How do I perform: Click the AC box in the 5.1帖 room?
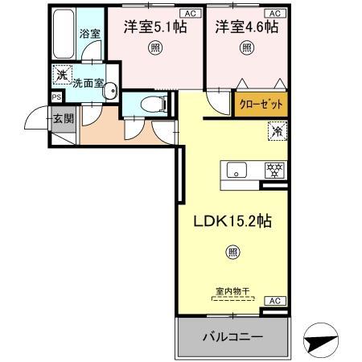coord(190,13)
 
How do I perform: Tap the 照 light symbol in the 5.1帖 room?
coord(153,48)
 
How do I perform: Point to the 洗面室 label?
coord(86,83)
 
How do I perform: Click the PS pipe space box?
coord(56,97)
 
